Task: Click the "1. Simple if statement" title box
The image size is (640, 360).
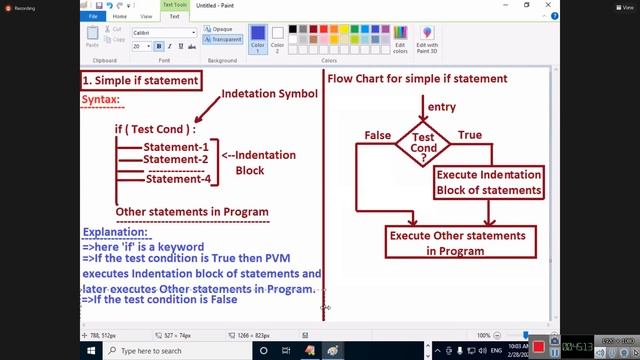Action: pyautogui.click(x=140, y=79)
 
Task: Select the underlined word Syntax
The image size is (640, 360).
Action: pyautogui.click(x=101, y=99)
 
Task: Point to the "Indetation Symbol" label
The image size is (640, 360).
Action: pyautogui.click(x=269, y=94)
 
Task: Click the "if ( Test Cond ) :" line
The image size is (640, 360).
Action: pyautogui.click(x=155, y=129)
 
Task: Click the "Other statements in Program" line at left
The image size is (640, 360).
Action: pyautogui.click(x=192, y=211)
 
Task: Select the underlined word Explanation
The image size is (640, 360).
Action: pyautogui.click(x=115, y=232)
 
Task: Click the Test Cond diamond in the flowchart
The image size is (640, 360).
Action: pyautogui.click(x=423, y=145)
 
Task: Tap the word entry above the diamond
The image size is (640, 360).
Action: pyautogui.click(x=441, y=107)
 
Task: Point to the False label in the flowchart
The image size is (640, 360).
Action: pyautogui.click(x=378, y=135)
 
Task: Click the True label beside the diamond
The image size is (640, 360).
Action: pyautogui.click(x=469, y=135)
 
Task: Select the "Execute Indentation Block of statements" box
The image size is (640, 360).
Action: pyautogui.click(x=489, y=182)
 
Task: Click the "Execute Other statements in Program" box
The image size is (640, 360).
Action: pyautogui.click(x=456, y=243)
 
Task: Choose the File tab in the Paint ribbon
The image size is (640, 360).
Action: pyautogui.click(x=93, y=17)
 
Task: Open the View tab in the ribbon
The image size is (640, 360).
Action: pyautogui.click(x=147, y=17)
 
